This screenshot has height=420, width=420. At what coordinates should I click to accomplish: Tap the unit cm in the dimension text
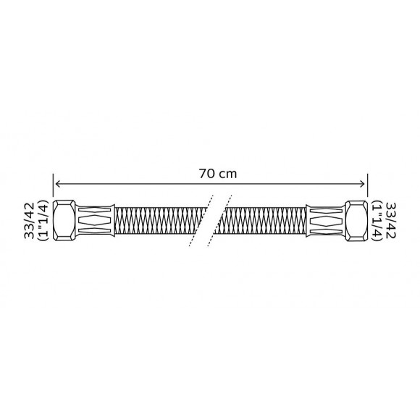coord(222,175)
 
